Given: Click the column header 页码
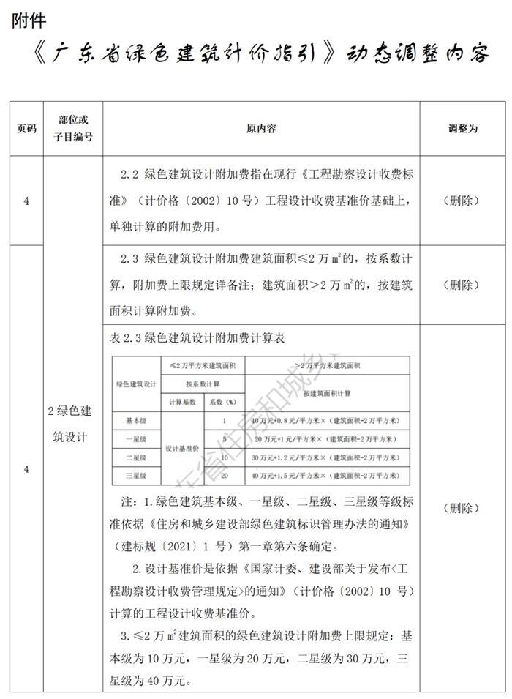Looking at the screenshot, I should pyautogui.click(x=26, y=128).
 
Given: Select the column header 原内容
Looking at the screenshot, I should pyautogui.click(x=261, y=128).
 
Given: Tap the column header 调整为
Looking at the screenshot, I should pyautogui.click(x=462, y=128).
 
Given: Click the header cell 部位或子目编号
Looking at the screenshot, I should pyautogui.click(x=73, y=128).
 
